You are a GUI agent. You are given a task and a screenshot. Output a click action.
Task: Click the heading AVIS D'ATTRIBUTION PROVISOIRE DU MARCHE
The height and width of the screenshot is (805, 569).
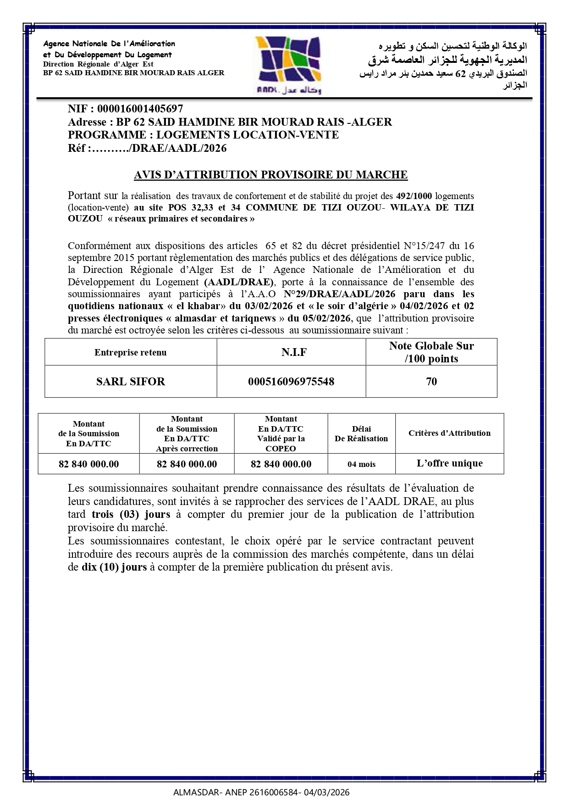pyautogui.click(x=271, y=175)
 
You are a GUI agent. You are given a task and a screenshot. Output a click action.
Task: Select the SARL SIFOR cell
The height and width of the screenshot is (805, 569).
pyautogui.click(x=131, y=382)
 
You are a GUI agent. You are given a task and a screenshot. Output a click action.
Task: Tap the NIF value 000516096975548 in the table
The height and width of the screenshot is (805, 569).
pyautogui.click(x=291, y=382)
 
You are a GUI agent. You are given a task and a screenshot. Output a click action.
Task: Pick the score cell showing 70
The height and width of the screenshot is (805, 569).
pyautogui.click(x=431, y=382)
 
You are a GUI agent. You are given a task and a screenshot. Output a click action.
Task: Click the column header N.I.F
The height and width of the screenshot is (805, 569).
pyautogui.click(x=294, y=352)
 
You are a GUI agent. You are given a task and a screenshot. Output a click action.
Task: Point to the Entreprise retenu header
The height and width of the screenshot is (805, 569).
pyautogui.click(x=131, y=353)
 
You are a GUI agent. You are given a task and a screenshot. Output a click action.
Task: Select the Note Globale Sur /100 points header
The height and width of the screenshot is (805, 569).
pyautogui.click(x=431, y=352)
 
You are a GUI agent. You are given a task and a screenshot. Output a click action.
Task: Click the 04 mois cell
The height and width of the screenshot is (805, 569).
pyautogui.click(x=361, y=464)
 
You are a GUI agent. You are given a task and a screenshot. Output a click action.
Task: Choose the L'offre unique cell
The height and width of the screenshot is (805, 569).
pyautogui.click(x=449, y=463)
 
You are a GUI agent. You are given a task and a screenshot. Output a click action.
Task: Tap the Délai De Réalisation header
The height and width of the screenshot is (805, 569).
pyautogui.click(x=361, y=434)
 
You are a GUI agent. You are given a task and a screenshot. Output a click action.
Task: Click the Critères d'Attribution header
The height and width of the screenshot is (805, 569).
pyautogui.click(x=449, y=433)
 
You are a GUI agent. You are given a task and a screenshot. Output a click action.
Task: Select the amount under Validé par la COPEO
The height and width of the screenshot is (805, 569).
pyautogui.click(x=281, y=464)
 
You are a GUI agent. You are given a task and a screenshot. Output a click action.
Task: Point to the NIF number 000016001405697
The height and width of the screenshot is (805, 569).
pyautogui.click(x=140, y=109)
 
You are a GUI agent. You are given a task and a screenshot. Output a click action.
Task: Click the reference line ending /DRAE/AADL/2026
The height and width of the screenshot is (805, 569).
pyautogui.click(x=147, y=149)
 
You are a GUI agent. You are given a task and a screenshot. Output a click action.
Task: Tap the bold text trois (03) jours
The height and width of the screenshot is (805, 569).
pyautogui.click(x=131, y=514)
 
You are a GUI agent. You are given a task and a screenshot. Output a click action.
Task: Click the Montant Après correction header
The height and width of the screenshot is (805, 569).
pyautogui.click(x=187, y=434)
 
